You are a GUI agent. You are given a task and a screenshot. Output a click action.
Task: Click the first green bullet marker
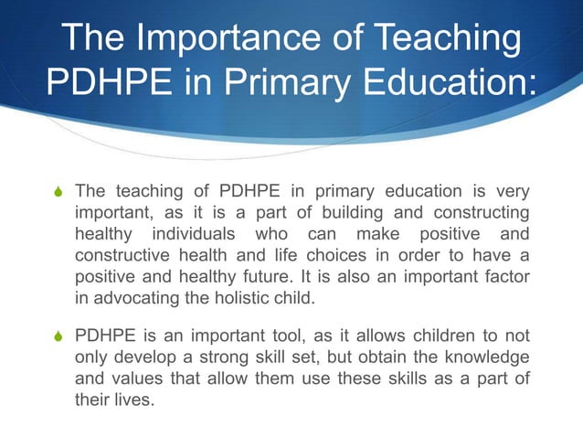pyautogui.click(x=57, y=192)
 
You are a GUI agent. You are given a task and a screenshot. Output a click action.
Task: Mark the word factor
pyautogui.click(x=504, y=276)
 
